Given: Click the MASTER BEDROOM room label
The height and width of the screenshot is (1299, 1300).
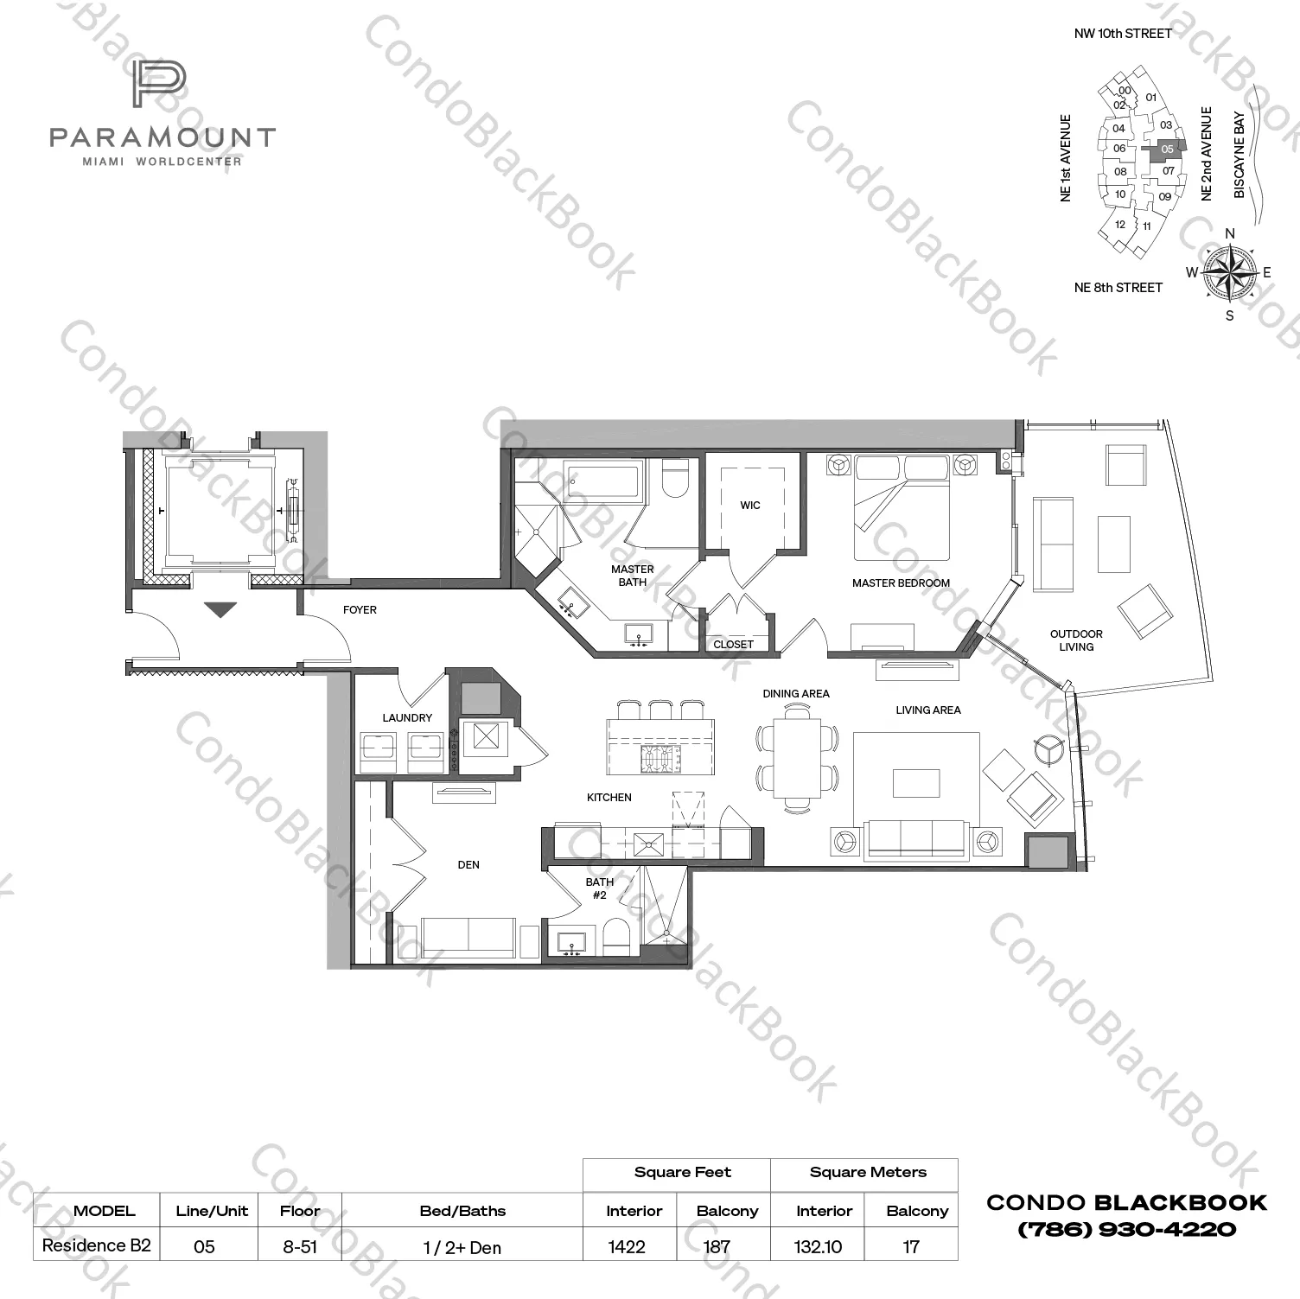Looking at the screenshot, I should (x=901, y=583).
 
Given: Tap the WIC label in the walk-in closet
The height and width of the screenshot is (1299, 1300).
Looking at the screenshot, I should (x=749, y=506).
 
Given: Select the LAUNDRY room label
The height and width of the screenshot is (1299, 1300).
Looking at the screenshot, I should (x=407, y=718).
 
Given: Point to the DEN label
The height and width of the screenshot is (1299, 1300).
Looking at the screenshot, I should (x=468, y=865).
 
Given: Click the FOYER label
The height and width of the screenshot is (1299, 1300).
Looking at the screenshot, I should (x=360, y=610).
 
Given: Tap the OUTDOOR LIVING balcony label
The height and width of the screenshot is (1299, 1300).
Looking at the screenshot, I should (x=1076, y=640).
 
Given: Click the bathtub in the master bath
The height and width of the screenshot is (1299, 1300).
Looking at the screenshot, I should (x=603, y=480).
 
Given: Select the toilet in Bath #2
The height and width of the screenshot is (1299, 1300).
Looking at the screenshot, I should (x=617, y=937).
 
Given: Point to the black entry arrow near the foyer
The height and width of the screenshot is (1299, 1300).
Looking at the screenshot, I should (x=220, y=610).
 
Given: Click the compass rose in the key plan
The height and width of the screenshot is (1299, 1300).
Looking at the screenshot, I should (x=1230, y=273).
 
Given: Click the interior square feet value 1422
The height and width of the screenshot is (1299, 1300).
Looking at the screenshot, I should (x=627, y=1246).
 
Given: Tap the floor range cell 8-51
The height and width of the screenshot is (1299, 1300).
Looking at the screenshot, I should (x=300, y=1246).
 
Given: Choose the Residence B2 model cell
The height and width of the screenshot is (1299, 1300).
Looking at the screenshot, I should (x=97, y=1245).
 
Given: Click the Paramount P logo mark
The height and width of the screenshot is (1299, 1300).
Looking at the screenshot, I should (x=159, y=85).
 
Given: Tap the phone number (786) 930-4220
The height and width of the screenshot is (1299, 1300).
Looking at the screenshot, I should (x=1126, y=1229).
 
